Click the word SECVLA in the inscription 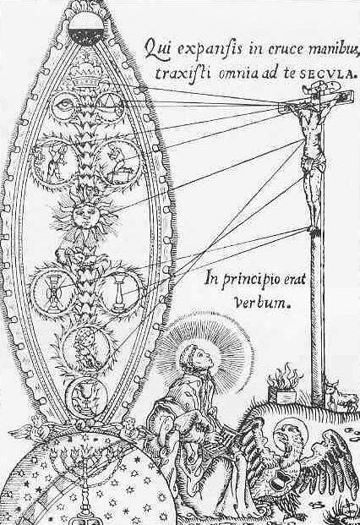(326, 74)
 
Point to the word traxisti (183, 73)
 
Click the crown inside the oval (86, 77)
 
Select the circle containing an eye (66, 107)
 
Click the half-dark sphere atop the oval (86, 29)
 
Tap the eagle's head (284, 436)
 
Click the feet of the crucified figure (314, 230)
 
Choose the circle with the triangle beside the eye (110, 105)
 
